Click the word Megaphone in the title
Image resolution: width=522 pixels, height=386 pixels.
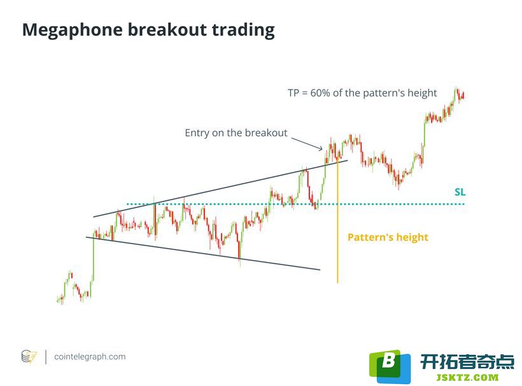click(72, 31)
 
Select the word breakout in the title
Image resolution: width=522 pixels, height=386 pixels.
click(167, 29)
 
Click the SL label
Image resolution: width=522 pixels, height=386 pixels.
click(460, 192)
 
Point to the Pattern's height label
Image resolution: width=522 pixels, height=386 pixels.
click(388, 237)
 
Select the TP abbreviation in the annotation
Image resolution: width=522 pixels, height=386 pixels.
click(293, 93)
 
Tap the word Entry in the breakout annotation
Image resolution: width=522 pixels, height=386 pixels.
click(197, 133)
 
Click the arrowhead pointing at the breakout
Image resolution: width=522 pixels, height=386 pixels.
click(320, 148)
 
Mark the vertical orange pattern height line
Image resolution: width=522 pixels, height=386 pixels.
click(337, 221)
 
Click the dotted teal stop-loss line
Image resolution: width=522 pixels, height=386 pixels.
click(295, 203)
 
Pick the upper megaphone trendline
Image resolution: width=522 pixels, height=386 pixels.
click(220, 189)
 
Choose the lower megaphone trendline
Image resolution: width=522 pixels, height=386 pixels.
click(203, 253)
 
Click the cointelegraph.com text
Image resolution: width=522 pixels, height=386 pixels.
click(90, 357)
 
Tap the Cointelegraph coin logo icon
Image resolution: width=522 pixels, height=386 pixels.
click(29, 357)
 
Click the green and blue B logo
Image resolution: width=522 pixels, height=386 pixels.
click(390, 366)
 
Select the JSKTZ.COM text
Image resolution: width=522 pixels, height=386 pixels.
click(468, 377)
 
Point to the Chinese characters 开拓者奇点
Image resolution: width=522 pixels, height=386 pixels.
click(467, 361)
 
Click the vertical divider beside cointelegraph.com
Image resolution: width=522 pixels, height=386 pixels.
click(46, 357)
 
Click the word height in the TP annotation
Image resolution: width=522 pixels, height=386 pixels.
click(422, 93)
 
